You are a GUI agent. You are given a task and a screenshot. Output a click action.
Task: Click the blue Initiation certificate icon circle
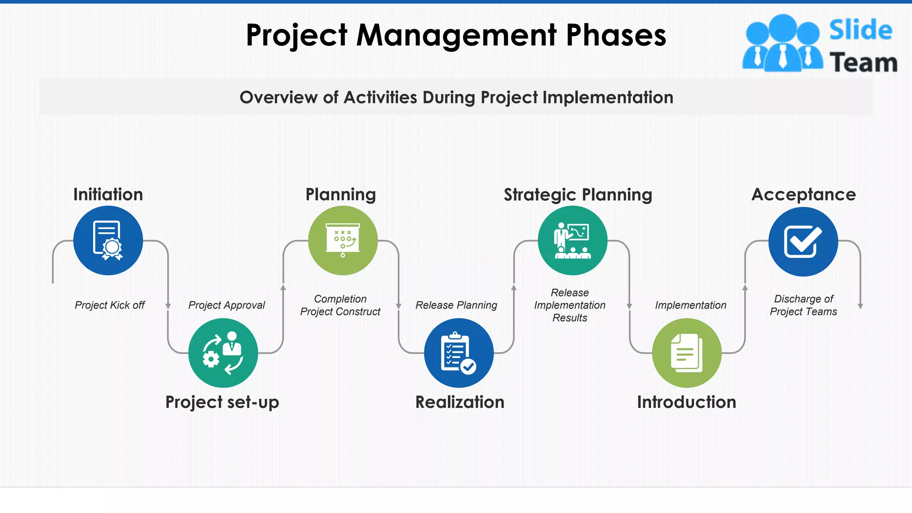(108, 240)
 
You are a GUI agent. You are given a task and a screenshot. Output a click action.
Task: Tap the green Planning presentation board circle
(343, 240)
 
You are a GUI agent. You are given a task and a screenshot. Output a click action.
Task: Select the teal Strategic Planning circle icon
(572, 240)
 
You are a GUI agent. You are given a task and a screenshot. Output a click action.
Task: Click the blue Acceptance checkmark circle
(803, 242)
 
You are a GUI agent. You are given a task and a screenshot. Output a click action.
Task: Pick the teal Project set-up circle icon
(223, 353)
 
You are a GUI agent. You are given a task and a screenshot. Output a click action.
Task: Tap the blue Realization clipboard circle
(459, 353)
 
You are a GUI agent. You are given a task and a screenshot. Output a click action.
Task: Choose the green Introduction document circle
(687, 353)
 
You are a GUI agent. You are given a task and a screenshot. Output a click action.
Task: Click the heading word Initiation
(108, 195)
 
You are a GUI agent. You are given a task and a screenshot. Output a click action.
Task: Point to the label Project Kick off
(110, 305)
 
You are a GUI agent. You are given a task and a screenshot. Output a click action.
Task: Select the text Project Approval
(226, 305)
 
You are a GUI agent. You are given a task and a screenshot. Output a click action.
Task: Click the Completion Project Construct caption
(340, 305)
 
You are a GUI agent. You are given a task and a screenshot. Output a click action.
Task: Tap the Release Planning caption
(456, 305)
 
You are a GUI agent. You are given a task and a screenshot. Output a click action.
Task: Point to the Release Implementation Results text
(570, 305)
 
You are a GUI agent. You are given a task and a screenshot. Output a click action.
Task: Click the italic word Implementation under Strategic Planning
(690, 305)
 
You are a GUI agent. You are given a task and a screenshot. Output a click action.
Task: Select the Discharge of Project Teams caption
(803, 305)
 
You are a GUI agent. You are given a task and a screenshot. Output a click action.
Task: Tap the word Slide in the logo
(860, 30)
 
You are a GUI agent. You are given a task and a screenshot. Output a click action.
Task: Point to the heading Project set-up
(222, 402)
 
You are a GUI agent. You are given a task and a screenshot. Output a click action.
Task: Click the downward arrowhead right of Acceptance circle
(860, 306)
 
